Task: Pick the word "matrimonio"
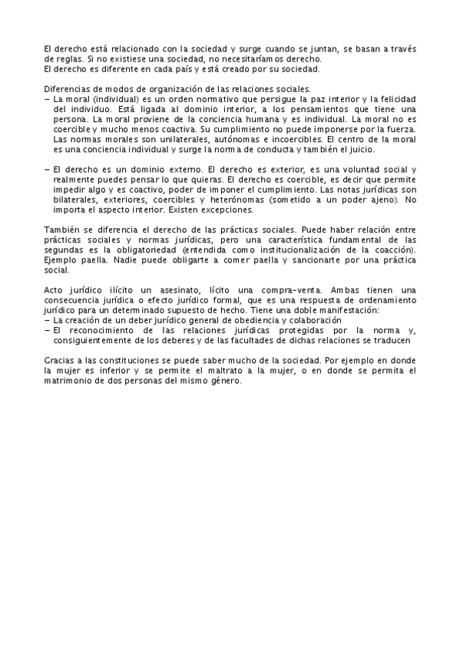(70, 379)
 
